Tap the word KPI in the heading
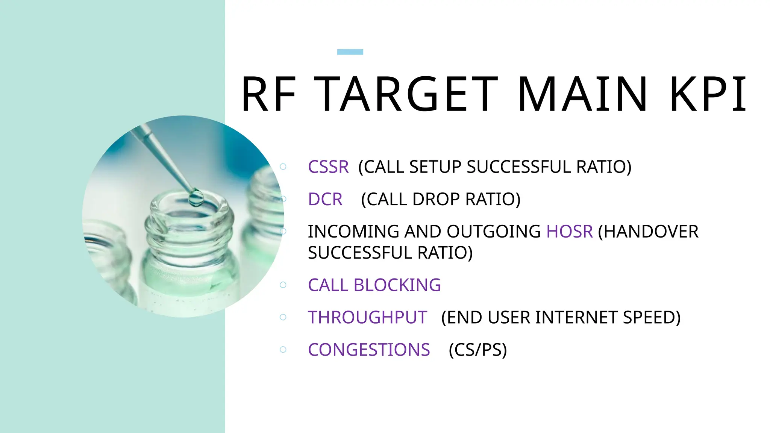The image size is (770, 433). click(x=708, y=94)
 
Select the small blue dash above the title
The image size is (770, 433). click(x=350, y=52)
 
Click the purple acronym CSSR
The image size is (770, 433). click(x=328, y=167)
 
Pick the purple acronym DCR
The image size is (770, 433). click(x=325, y=199)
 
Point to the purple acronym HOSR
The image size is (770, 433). click(x=569, y=232)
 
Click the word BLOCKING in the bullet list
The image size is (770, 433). click(x=397, y=285)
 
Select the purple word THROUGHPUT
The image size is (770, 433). click(x=367, y=317)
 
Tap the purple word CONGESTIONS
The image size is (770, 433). click(x=369, y=350)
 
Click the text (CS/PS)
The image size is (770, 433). click(x=477, y=350)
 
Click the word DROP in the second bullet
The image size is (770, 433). click(x=437, y=199)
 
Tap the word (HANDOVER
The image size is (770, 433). click(x=648, y=232)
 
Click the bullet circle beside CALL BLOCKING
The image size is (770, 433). click(x=283, y=285)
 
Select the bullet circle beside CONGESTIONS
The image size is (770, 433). click(x=283, y=350)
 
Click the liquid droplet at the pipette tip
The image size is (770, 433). click(x=196, y=197)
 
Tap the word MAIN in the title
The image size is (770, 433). click(x=582, y=94)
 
